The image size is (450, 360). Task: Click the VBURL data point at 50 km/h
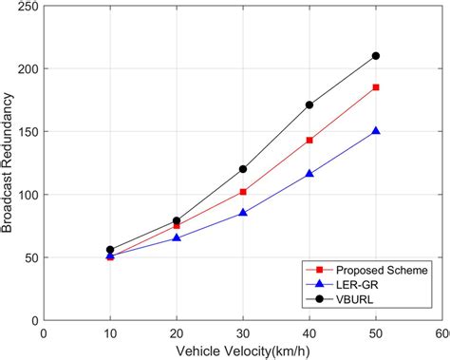point(376,56)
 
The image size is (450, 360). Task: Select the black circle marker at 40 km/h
point(309,105)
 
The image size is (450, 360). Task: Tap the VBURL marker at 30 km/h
point(243,169)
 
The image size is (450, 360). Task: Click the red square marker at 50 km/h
point(376,87)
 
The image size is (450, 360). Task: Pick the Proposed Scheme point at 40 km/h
point(309,141)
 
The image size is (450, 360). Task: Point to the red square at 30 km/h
point(243,192)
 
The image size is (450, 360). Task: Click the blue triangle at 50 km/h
point(376,131)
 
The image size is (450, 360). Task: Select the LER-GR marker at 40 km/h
point(309,174)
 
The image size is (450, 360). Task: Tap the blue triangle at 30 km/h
point(243,213)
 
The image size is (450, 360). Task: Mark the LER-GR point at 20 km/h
point(177,238)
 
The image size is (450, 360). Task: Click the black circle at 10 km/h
point(110,250)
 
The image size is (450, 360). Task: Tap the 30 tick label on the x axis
point(243,333)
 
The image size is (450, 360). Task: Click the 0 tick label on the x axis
point(44,333)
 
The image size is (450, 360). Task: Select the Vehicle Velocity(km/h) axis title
point(243,350)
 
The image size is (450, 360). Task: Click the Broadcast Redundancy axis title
point(9,161)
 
